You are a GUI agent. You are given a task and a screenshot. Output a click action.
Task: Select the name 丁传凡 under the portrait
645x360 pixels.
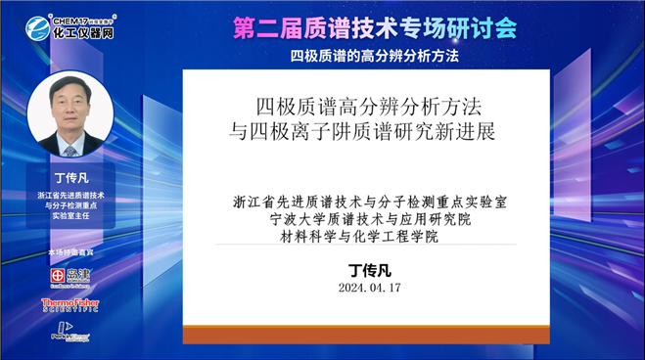(70, 178)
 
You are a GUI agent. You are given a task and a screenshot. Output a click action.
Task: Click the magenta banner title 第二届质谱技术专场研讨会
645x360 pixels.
(375, 28)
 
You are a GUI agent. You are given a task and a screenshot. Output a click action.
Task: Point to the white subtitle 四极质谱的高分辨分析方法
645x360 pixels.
(375, 55)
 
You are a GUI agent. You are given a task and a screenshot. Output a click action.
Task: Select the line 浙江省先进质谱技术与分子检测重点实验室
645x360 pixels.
(375, 202)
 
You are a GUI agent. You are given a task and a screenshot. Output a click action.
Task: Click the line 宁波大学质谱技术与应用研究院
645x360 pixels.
(375, 219)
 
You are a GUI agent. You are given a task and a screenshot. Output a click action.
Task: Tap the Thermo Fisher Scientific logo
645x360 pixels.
(70, 305)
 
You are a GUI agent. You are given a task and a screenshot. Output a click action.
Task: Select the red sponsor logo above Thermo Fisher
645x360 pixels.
(70, 277)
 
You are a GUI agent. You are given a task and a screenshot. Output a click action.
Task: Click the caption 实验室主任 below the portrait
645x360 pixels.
(70, 217)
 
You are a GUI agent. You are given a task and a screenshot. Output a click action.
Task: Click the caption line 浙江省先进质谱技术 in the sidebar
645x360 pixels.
(70, 196)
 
